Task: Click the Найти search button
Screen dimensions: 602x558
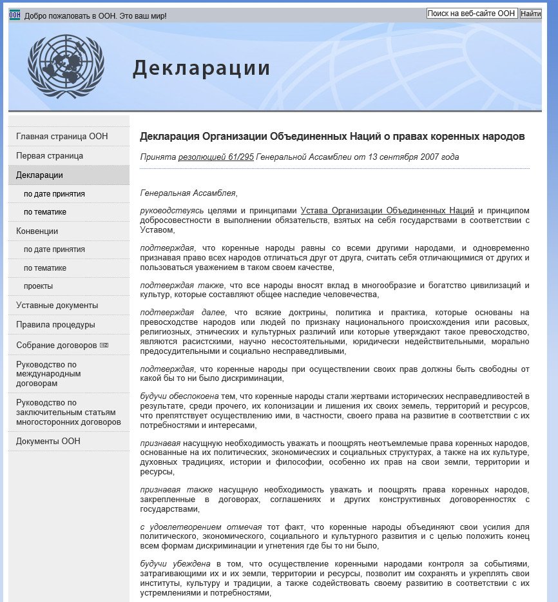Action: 530,14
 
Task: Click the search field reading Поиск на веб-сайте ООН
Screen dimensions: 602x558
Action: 472,14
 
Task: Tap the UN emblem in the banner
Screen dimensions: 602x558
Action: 66,66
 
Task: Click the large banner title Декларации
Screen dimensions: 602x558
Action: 201,68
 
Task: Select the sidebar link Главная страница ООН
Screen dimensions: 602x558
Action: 62,137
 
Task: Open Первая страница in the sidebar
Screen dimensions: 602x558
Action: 50,156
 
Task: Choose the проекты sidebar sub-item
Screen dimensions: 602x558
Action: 38,286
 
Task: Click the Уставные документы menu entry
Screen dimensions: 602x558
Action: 57,306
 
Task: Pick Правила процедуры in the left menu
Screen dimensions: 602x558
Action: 55,325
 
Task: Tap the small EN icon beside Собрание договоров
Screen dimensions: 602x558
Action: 104,345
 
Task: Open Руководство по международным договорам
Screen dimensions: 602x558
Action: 48,374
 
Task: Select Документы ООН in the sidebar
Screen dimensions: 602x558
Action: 48,442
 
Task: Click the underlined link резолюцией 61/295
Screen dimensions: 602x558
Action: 216,157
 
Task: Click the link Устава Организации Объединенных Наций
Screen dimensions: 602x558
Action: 387,211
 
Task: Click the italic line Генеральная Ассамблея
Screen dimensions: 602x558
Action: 188,193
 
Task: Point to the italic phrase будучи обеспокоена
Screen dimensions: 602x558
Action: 180,396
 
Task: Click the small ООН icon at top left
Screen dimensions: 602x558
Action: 15,15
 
